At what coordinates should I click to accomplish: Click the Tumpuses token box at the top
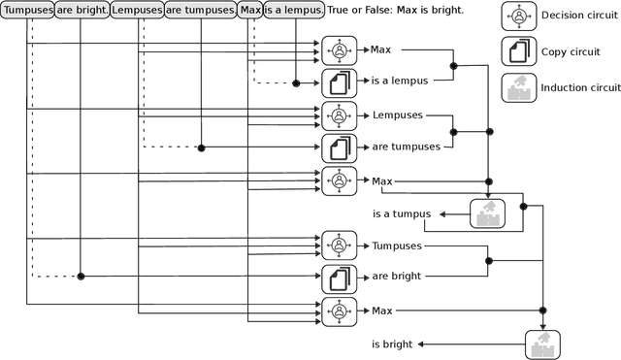tap(27, 11)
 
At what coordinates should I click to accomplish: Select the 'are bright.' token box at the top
tap(82, 11)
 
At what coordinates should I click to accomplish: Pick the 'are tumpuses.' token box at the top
tap(200, 11)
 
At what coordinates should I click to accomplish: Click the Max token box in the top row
tap(250, 11)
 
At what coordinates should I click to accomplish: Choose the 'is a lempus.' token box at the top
tap(294, 11)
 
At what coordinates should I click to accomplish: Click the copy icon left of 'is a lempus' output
tap(339, 82)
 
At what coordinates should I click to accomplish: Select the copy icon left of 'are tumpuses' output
tap(339, 147)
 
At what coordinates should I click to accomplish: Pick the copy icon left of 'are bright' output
tap(339, 277)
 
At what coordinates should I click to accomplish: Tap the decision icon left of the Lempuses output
tap(339, 115)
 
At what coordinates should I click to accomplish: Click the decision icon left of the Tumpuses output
tap(339, 245)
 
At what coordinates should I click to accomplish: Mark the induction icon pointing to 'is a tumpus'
tap(487, 213)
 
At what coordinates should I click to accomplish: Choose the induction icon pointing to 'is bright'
tap(542, 344)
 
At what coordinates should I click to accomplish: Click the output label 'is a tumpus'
tap(400, 213)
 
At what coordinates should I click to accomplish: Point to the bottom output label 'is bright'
tap(392, 344)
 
